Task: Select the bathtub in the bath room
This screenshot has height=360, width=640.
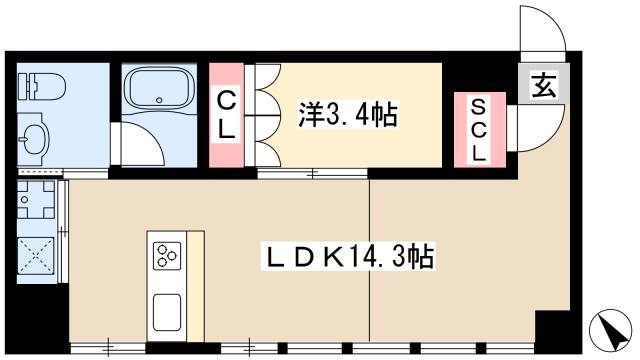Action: (160, 91)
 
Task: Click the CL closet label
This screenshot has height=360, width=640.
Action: (227, 115)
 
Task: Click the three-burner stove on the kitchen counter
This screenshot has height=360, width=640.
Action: (166, 256)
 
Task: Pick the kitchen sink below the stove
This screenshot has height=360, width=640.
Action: (166, 309)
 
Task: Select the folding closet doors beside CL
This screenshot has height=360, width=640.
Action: (262, 116)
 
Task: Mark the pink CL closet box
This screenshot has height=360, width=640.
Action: (227, 115)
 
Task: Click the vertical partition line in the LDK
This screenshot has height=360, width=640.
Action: (370, 260)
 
